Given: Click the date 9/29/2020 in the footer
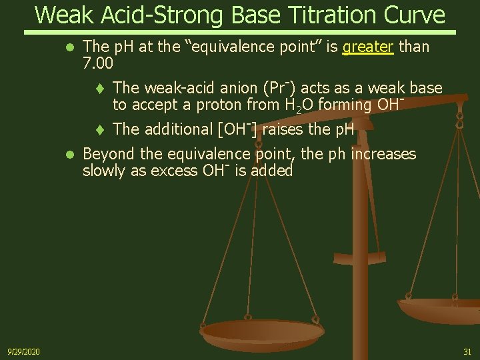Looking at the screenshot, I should (23, 351).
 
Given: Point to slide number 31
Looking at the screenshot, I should (466, 351).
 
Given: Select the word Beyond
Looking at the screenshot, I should (106, 155).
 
